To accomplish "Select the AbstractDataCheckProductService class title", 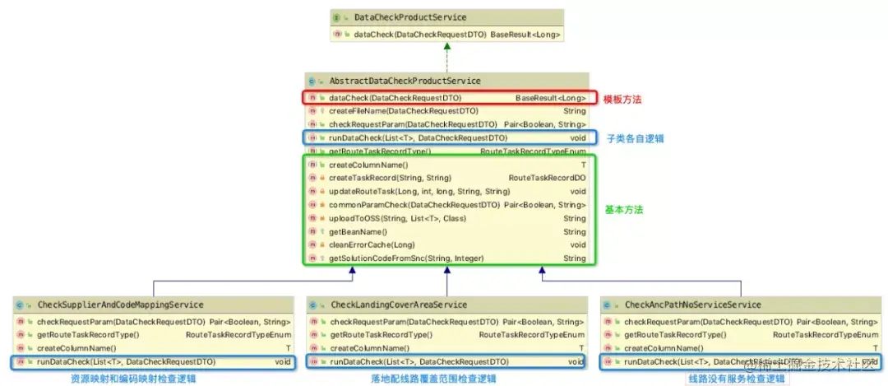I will (405, 81).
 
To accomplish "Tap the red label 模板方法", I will (622, 99).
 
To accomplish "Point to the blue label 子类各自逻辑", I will (635, 138).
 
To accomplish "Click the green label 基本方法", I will (623, 210).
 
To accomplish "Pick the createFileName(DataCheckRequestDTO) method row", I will (403, 110).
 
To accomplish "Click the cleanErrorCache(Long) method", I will (372, 244).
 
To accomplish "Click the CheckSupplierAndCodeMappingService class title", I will (120, 305).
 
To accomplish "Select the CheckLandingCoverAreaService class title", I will (398, 305).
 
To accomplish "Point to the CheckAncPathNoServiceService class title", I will (692, 305).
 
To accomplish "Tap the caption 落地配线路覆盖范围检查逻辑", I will (433, 379).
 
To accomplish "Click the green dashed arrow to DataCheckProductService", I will (447, 57).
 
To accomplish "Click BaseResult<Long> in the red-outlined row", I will (550, 98).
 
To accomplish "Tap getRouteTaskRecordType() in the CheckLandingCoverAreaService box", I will (381, 335).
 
